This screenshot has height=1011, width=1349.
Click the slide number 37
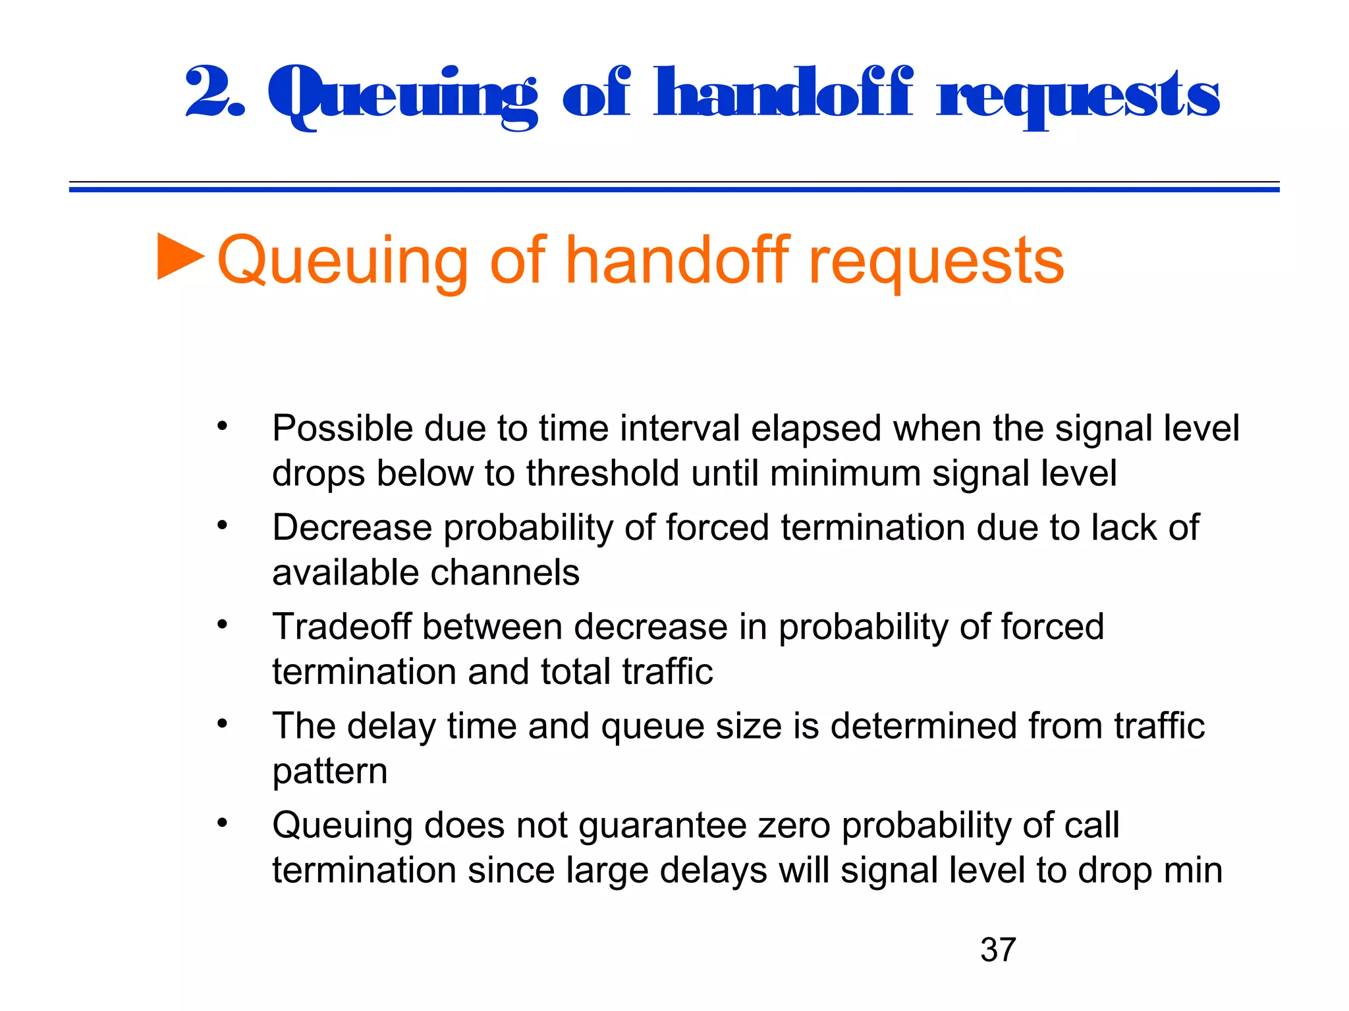click(x=998, y=950)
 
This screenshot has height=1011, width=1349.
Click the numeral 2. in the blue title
click(x=215, y=93)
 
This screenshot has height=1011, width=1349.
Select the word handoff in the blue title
click(x=783, y=93)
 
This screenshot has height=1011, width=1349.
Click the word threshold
click(x=602, y=473)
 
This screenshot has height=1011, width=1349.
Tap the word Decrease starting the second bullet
click(x=352, y=528)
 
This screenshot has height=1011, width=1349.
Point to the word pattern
click(x=329, y=771)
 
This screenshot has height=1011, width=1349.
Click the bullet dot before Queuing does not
click(x=223, y=823)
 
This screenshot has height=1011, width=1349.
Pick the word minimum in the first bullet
click(x=844, y=473)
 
